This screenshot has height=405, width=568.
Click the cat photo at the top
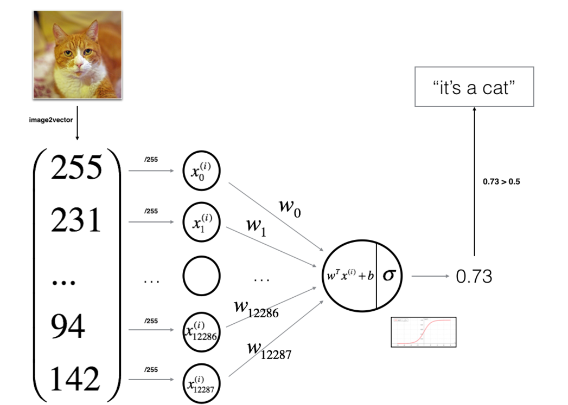(x=76, y=54)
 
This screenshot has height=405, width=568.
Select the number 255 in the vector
(x=76, y=168)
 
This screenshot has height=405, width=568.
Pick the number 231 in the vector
(x=76, y=221)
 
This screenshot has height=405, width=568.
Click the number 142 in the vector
(x=76, y=379)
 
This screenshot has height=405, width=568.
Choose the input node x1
(x=201, y=222)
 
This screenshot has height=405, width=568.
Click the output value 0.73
(x=474, y=277)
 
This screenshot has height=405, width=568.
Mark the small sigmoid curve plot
(x=423, y=332)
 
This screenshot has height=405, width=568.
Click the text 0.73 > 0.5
(x=501, y=182)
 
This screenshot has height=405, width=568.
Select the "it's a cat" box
(x=474, y=87)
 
